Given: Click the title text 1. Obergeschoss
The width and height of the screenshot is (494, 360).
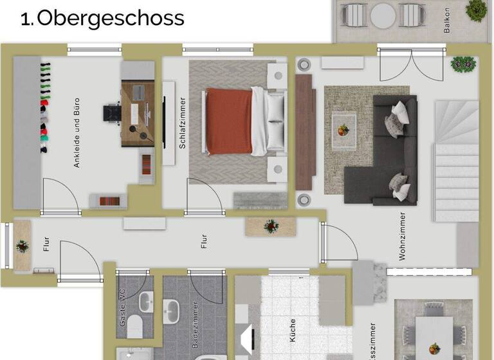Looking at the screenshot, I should (102, 19).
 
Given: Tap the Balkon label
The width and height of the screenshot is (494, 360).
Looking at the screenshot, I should (447, 20).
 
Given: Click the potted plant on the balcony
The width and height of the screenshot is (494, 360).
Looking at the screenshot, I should (476, 9).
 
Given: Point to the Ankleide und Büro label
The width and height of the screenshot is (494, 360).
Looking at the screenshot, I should (77, 133).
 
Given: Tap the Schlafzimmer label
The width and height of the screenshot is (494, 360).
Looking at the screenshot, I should (183, 123).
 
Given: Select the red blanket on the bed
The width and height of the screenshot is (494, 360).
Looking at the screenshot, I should (229, 122).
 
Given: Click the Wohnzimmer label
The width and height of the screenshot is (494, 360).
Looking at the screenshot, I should (402, 236).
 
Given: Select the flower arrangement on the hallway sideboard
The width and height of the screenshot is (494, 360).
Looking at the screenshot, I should (271, 226).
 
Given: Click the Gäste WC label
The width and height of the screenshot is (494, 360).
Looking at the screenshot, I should (122, 307).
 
